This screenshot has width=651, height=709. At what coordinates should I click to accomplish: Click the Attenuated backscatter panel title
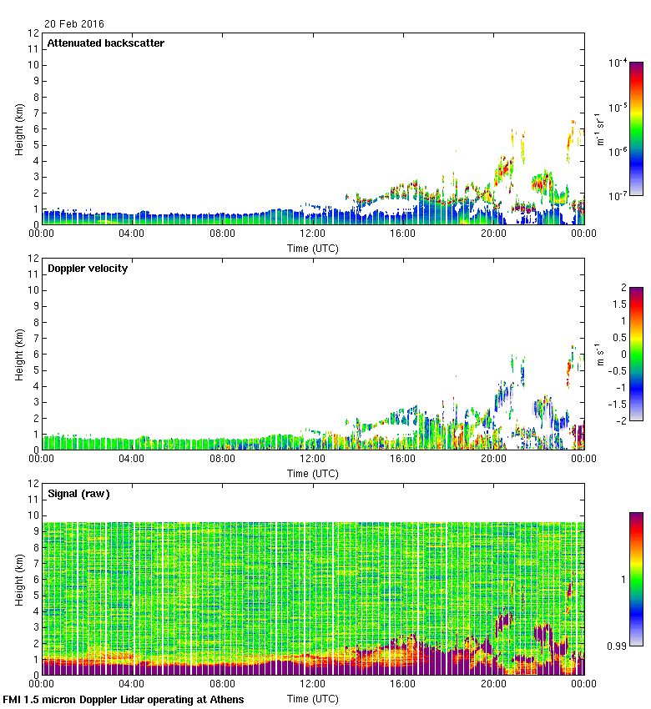point(105,43)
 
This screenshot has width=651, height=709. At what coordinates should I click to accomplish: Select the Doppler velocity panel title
point(87,269)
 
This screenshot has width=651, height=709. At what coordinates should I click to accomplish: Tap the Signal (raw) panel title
point(78,494)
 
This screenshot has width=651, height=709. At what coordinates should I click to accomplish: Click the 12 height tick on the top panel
point(33,33)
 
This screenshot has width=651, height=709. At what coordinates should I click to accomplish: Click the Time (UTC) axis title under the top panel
point(313,248)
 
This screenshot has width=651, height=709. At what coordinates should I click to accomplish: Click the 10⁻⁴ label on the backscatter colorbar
point(618,63)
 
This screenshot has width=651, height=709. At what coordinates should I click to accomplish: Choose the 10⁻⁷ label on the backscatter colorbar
point(618,196)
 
